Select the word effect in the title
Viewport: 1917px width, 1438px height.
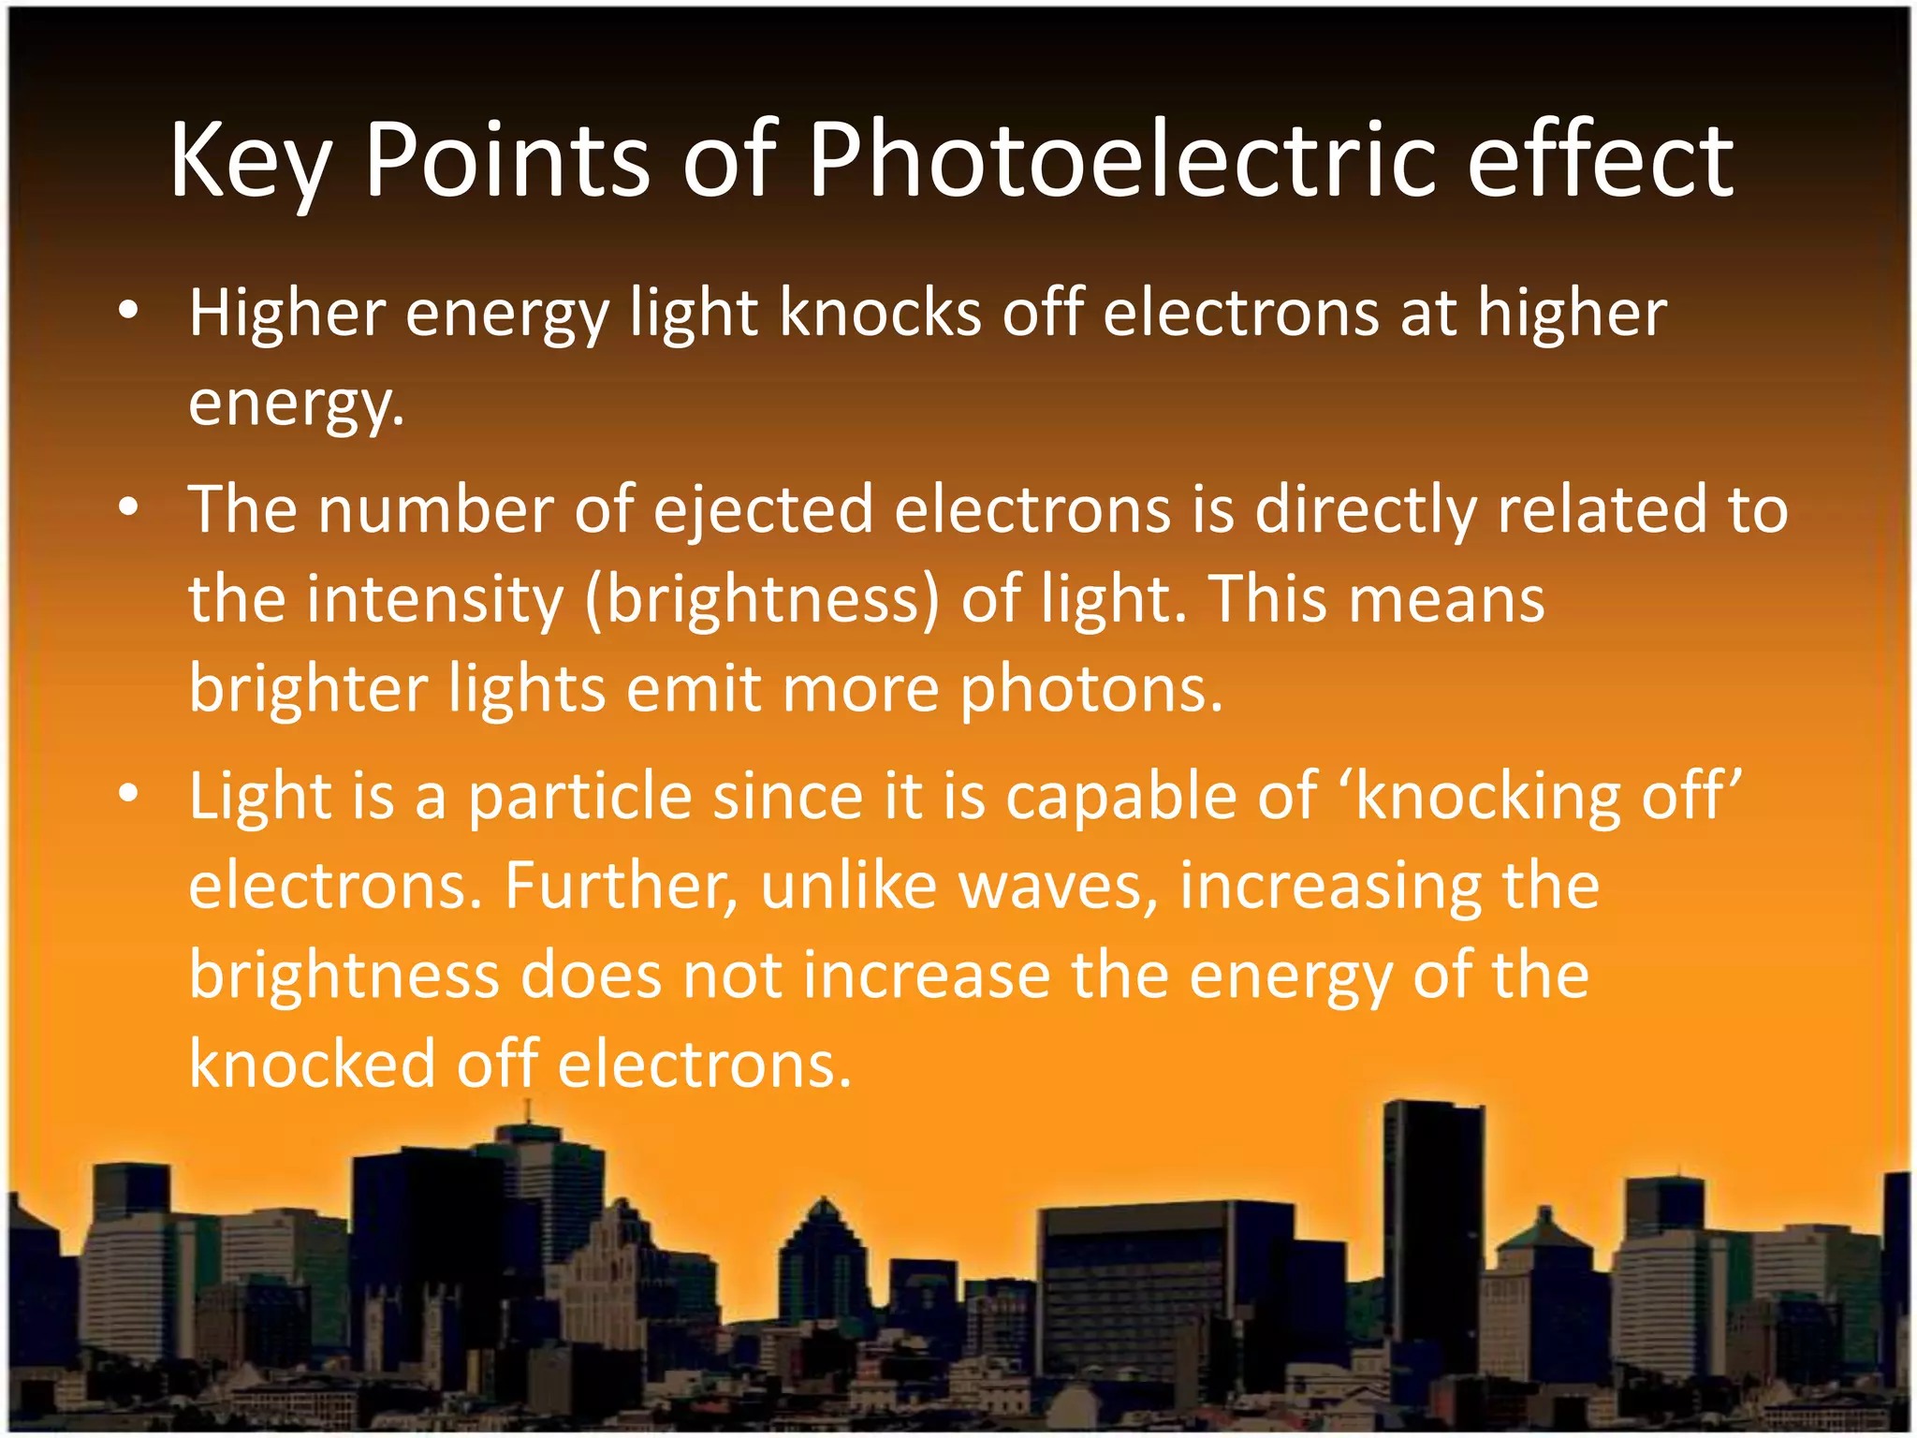coord(1600,161)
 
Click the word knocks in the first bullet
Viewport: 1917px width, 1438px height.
coord(880,313)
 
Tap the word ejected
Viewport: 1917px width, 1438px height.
coord(763,510)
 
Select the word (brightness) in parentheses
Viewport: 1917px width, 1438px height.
coord(762,600)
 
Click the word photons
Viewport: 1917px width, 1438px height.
coord(1091,691)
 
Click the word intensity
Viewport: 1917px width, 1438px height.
coord(435,600)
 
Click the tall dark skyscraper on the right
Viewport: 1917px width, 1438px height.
coord(1431,1217)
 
